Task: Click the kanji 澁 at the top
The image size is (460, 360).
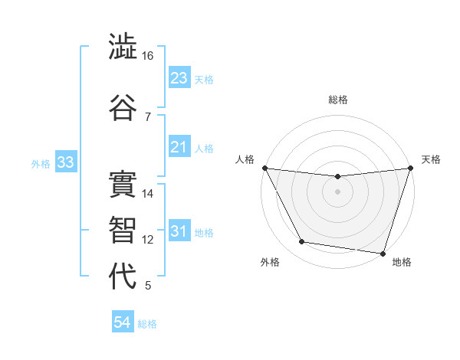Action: (123, 47)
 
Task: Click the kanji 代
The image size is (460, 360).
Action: (123, 277)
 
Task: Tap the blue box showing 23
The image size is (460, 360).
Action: (179, 77)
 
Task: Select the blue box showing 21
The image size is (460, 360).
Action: (179, 147)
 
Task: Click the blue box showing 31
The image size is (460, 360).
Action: (179, 231)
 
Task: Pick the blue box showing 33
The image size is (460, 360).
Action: (65, 162)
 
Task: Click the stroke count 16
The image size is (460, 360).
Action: (147, 56)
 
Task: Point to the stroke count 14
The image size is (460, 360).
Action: (148, 194)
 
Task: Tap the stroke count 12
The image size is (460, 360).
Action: (148, 240)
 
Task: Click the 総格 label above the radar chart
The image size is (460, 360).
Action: (338, 100)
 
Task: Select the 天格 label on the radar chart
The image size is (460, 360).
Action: (431, 159)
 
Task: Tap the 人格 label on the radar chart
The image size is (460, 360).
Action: (245, 159)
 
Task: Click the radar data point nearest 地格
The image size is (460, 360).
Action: (383, 253)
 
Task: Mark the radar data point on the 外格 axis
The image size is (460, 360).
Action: (302, 243)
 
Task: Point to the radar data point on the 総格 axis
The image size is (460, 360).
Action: (337, 176)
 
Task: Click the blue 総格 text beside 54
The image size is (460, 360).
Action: (147, 324)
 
